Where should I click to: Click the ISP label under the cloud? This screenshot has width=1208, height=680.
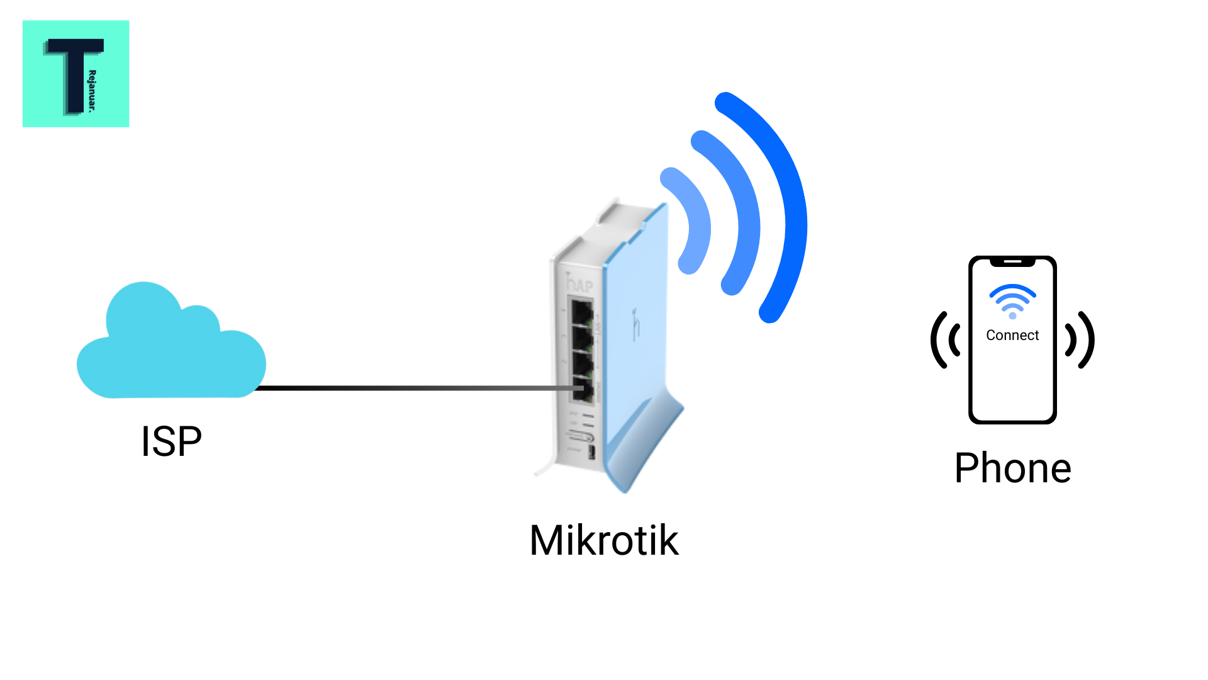coord(171,441)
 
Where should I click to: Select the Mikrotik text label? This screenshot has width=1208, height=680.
coord(604,540)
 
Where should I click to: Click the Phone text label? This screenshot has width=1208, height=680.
coord(1012,468)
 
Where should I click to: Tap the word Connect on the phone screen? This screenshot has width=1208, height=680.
coord(1012,335)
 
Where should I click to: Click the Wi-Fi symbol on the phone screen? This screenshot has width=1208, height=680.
coord(1012,301)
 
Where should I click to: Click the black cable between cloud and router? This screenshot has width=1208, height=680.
coord(409,388)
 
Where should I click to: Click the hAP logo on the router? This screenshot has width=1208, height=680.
coord(579,283)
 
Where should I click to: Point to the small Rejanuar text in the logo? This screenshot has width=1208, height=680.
coord(92,91)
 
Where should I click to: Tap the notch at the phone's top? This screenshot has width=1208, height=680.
coord(1012,261)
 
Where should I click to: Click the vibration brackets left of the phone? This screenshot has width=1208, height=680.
coord(946,340)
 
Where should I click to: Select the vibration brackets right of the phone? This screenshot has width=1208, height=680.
coord(1080,340)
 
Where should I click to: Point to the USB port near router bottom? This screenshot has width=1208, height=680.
coord(591,451)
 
